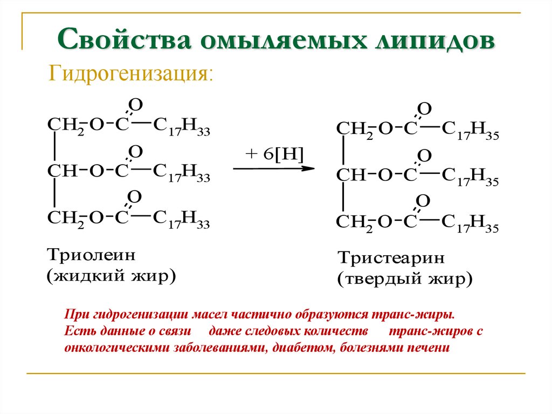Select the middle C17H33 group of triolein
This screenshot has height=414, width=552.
pos(181,173)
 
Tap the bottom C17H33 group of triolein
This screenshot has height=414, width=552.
pos(181,219)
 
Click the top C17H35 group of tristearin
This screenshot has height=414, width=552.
pos(470,130)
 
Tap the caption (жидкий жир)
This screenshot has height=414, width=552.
pos(112,277)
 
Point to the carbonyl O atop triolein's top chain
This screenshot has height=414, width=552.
pos(135,104)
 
